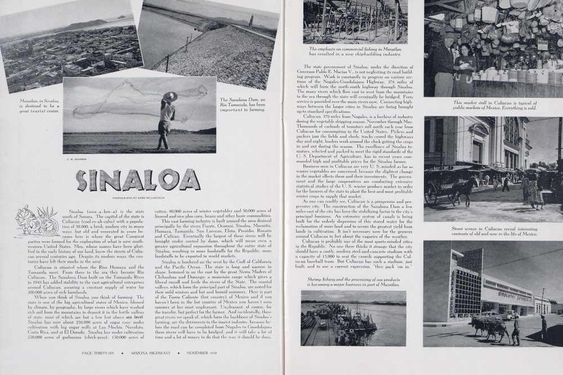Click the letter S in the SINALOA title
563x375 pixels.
point(82,180)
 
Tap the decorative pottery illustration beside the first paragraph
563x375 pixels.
point(36,220)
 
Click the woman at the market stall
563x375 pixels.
point(466,67)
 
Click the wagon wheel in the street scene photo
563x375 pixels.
point(432,194)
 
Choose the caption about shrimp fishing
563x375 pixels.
point(353,282)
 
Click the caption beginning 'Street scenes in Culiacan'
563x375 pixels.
point(494,231)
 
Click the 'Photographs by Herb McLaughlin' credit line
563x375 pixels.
point(137,197)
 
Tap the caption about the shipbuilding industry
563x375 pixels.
point(355,52)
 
